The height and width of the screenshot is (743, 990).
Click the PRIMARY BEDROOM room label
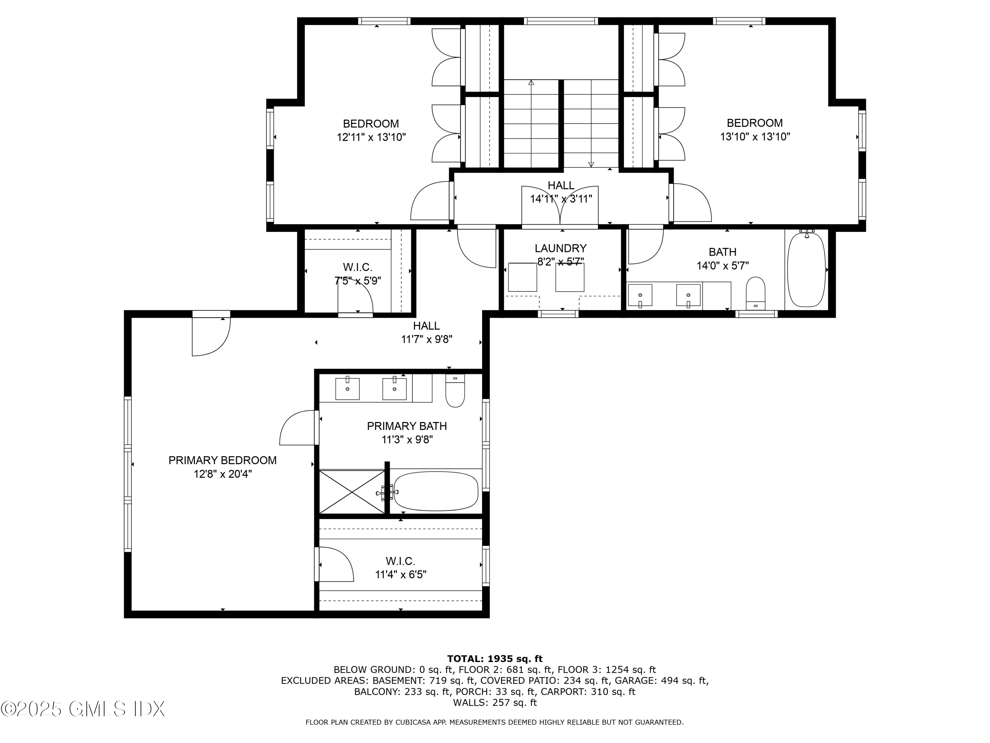222,460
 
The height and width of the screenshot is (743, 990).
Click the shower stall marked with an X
352,492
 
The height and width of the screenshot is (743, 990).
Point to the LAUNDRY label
560,248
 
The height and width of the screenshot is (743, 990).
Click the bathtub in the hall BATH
806,269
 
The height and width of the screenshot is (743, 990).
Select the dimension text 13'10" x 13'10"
755,137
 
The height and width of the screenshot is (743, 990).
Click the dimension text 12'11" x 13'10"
371,137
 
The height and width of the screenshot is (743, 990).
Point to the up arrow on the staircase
531,83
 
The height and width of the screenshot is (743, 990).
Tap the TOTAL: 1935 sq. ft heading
495,659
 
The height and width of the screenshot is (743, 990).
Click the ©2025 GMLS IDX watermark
83,709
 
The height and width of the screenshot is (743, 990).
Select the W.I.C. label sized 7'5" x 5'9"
358,267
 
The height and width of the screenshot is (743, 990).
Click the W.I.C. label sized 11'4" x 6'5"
401,561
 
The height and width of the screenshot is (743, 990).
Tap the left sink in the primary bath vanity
347,388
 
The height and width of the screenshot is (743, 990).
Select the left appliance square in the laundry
522,277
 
